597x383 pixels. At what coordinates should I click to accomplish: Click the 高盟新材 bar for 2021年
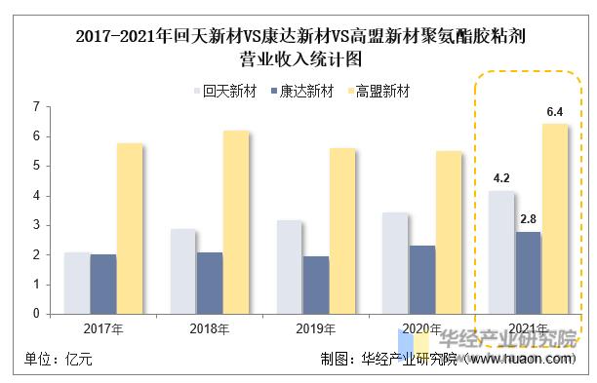(554, 219)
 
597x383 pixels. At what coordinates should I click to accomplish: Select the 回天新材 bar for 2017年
(77, 283)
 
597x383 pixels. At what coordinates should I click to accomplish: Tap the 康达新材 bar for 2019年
(316, 285)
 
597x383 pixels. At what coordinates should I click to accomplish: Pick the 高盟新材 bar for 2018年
(236, 222)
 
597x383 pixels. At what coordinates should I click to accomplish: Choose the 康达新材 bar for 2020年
(422, 280)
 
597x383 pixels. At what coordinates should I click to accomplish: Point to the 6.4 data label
(555, 113)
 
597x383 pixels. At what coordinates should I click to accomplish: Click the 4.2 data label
(501, 178)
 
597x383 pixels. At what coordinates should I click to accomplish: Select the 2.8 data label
(528, 220)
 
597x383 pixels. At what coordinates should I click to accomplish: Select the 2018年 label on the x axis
(210, 329)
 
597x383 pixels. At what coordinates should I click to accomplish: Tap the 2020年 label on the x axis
(422, 329)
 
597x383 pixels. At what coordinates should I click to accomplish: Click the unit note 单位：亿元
(58, 360)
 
